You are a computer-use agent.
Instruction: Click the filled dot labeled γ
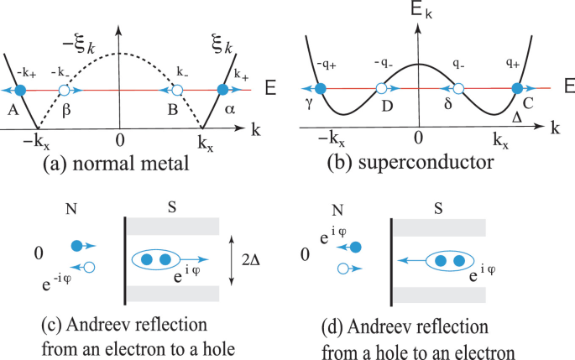[x=320, y=87]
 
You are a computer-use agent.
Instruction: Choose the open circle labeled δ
[x=458, y=87]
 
